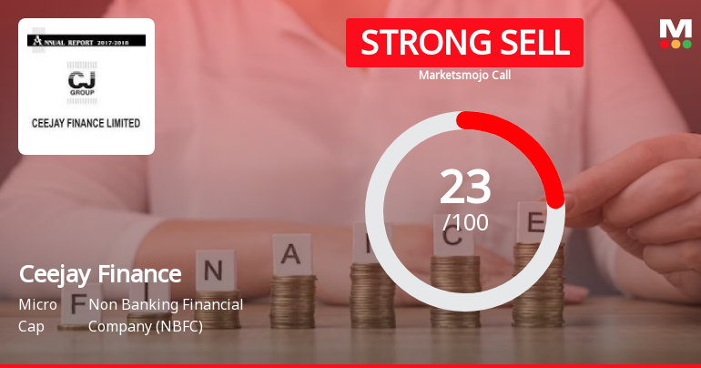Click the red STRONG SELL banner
pyautogui.click(x=464, y=43)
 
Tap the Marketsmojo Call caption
pyautogui.click(x=464, y=75)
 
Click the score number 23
pyautogui.click(x=465, y=188)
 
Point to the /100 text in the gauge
pyautogui.click(x=465, y=222)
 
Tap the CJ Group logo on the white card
pyautogui.click(x=86, y=83)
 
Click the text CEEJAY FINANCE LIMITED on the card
pyautogui.click(x=86, y=122)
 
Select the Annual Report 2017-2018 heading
pyautogui.click(x=86, y=40)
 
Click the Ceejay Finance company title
pyautogui.click(x=100, y=273)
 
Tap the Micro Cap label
pyautogui.click(x=37, y=314)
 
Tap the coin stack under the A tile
pyautogui.click(x=293, y=297)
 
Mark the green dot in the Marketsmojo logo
pyautogui.click(x=686, y=44)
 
